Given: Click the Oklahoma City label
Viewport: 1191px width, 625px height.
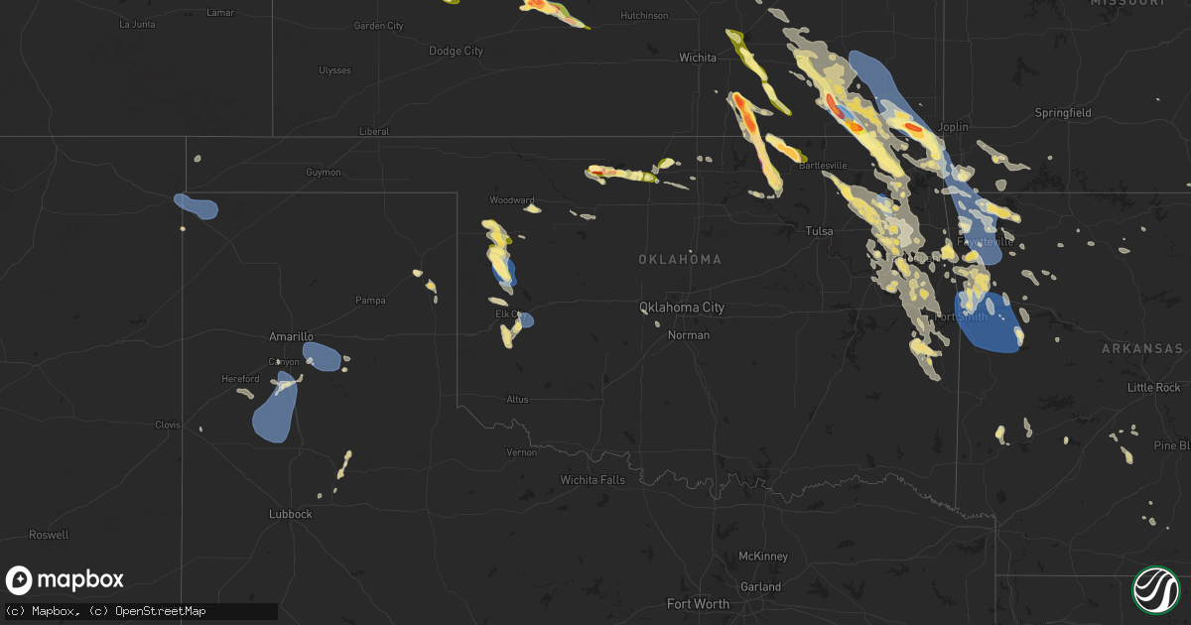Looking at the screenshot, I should pyautogui.click(x=681, y=308).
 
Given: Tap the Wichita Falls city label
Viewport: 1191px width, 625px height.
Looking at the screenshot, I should pyautogui.click(x=593, y=480).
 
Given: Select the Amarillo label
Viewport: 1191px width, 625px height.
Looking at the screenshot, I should pyautogui.click(x=292, y=337).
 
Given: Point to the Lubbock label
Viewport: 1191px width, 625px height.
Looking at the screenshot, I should pyautogui.click(x=291, y=514).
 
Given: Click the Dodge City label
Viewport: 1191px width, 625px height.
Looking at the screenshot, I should pyautogui.click(x=456, y=51).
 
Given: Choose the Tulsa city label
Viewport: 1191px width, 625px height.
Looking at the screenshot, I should pyautogui.click(x=819, y=230).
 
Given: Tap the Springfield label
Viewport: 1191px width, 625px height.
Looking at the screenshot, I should pyautogui.click(x=1063, y=113).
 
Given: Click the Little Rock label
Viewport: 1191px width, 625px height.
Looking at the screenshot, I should pyautogui.click(x=1154, y=387).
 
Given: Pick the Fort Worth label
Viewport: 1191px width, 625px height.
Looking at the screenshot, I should pyautogui.click(x=697, y=603).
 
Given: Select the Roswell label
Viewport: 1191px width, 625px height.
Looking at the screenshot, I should pyautogui.click(x=49, y=535).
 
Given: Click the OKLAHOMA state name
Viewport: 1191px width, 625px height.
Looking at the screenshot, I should pyautogui.click(x=680, y=259).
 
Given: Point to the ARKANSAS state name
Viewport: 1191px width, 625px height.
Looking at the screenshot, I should pyautogui.click(x=1141, y=349).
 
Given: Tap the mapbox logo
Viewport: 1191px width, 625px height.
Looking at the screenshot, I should pyautogui.click(x=65, y=580).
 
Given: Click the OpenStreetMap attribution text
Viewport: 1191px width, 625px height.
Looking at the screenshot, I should pyautogui.click(x=160, y=611).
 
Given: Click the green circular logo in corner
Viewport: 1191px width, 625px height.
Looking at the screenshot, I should pyautogui.click(x=1155, y=589).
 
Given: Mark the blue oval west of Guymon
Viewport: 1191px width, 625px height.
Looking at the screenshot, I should pyautogui.click(x=197, y=205).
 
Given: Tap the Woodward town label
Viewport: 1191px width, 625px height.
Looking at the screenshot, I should pyautogui.click(x=512, y=200).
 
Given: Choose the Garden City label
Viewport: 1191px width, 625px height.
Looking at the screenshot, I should pyautogui.click(x=378, y=25).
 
